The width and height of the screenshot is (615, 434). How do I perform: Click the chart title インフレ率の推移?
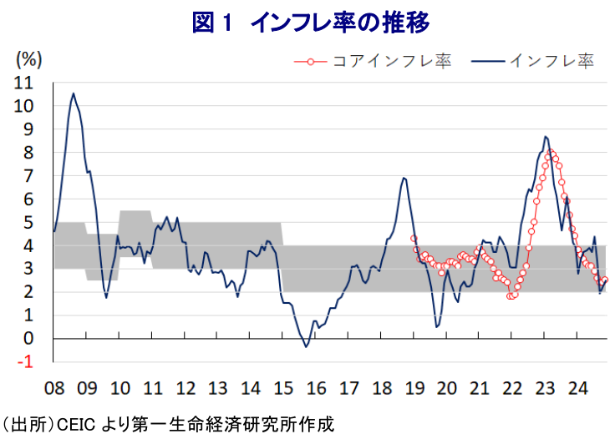[339, 23]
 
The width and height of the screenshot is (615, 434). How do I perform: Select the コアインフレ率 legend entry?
[373, 62]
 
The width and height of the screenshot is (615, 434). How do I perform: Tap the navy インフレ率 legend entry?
[532, 61]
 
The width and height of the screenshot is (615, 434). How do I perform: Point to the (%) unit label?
[28, 60]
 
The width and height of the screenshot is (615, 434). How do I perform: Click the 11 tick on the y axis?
[23, 83]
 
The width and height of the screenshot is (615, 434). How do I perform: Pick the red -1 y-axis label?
[25, 362]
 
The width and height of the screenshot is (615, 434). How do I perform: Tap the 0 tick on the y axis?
[28, 338]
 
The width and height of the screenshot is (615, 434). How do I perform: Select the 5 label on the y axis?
[28, 223]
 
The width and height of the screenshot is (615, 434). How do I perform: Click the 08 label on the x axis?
[54, 388]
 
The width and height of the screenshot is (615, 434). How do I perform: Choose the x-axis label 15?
[283, 388]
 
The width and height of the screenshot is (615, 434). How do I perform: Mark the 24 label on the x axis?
[577, 388]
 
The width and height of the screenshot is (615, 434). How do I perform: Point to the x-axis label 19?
[414, 388]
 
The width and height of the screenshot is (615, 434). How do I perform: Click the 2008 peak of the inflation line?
[74, 93]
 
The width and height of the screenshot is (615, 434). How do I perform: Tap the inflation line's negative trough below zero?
[307, 346]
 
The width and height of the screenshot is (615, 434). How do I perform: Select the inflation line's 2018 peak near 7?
[404, 179]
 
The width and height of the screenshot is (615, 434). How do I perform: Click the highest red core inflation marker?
[551, 152]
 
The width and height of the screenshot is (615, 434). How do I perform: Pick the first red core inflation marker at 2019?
[414, 238]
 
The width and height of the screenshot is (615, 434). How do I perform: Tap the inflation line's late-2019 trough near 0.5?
[437, 326]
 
